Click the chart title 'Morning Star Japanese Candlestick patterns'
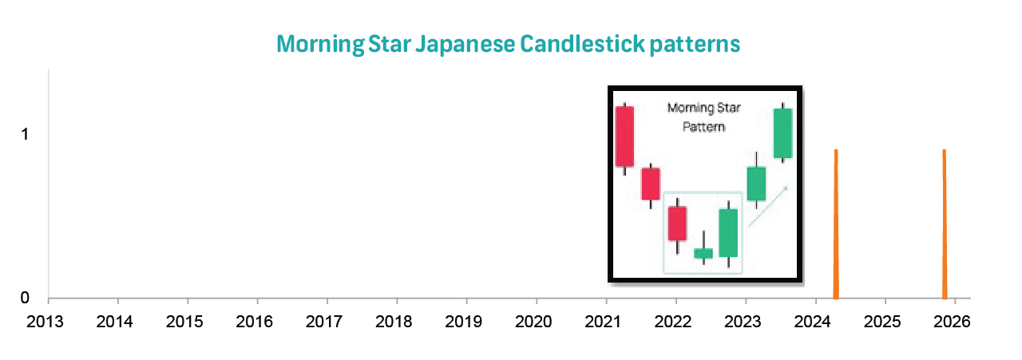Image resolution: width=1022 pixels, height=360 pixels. [x=509, y=43]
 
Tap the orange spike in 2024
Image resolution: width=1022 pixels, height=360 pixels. [x=836, y=224]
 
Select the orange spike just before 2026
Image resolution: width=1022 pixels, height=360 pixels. [x=944, y=224]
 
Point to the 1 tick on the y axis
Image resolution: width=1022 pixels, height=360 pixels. [x=25, y=134]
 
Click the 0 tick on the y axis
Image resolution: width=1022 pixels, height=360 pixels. [x=25, y=298]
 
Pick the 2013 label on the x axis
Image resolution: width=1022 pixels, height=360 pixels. [x=48, y=322]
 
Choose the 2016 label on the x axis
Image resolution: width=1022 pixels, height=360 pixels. [x=257, y=322]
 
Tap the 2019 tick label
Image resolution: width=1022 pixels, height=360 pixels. [x=466, y=322]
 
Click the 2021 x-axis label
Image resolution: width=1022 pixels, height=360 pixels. [x=606, y=322]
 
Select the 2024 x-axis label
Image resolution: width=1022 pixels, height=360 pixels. [x=815, y=322]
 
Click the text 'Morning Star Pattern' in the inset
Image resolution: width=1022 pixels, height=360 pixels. [x=695, y=117]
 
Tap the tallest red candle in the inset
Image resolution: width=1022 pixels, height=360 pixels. [x=624, y=136]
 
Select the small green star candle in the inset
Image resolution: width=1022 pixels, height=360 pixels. [x=703, y=253]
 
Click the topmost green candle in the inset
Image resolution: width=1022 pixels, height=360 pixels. [x=782, y=133]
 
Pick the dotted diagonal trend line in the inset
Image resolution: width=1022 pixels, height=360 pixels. [x=768, y=206]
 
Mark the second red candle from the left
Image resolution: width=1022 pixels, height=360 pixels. [x=651, y=183]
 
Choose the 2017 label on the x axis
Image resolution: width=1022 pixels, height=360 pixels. [x=327, y=322]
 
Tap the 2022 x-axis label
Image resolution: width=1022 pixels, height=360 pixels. [x=675, y=322]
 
